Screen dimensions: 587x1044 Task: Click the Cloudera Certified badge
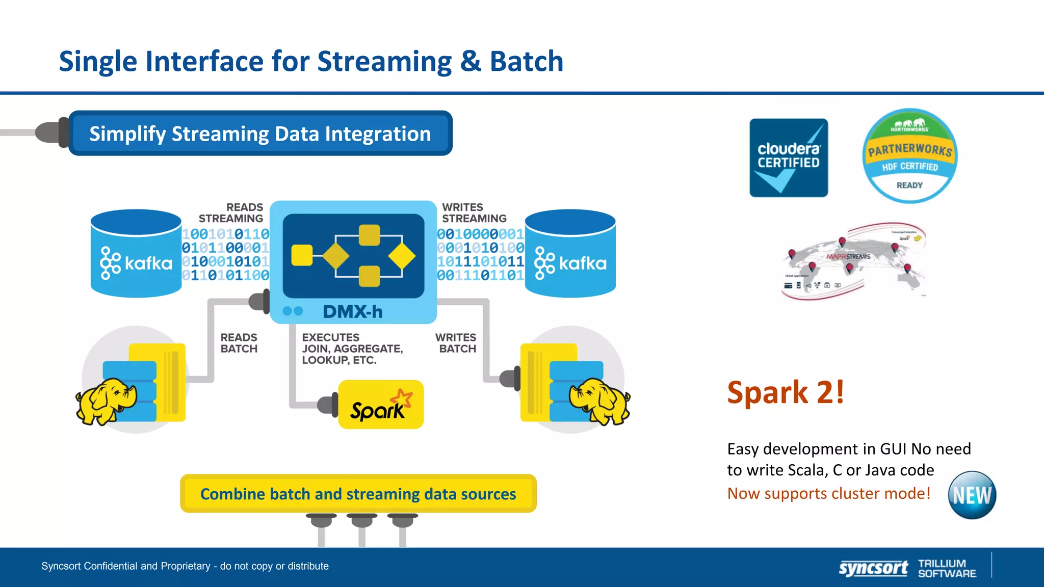tap(788, 157)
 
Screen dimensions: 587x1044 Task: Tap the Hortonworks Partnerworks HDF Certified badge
tap(910, 155)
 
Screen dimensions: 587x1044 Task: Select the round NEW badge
tap(972, 495)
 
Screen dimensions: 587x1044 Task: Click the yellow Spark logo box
tap(381, 405)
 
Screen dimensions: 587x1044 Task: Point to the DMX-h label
tap(352, 311)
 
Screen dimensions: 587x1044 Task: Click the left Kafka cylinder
tap(136, 253)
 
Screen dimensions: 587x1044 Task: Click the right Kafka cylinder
tap(570, 253)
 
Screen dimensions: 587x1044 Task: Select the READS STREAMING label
tap(231, 213)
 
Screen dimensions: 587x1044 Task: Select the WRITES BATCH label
tap(456, 343)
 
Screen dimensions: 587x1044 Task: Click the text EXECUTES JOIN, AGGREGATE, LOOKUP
tap(352, 349)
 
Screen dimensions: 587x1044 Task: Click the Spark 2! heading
tap(785, 392)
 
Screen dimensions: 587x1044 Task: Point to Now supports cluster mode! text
tap(828, 493)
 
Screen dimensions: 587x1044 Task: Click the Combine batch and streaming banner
tap(358, 494)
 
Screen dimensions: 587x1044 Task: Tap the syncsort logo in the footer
tap(873, 568)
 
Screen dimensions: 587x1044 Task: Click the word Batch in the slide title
tap(526, 61)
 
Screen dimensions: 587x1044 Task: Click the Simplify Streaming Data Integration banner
tap(260, 134)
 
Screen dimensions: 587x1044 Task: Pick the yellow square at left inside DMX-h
tap(302, 255)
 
